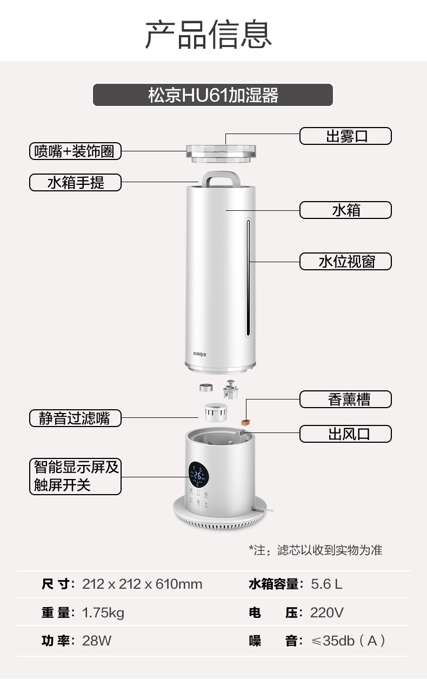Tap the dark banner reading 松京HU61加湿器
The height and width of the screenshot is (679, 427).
[213, 95]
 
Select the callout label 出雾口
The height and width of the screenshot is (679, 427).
[345, 136]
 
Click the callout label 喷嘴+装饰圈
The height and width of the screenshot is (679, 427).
[75, 151]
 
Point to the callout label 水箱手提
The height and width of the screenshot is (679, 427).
[75, 183]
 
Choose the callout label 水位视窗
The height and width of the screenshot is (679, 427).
[345, 262]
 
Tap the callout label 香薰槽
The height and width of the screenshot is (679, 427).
[345, 400]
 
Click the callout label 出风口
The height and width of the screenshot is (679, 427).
[345, 434]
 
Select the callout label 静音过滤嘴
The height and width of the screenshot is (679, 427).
[75, 418]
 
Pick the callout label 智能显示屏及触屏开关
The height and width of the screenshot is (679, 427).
[75, 476]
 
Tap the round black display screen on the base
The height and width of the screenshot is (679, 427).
[198, 475]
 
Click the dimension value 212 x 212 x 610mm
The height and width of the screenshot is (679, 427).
[142, 584]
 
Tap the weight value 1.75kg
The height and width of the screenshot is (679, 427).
[103, 613]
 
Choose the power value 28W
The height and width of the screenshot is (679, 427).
[97, 641]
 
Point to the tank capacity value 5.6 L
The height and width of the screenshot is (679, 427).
[326, 584]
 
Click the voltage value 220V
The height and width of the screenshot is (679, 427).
[326, 613]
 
